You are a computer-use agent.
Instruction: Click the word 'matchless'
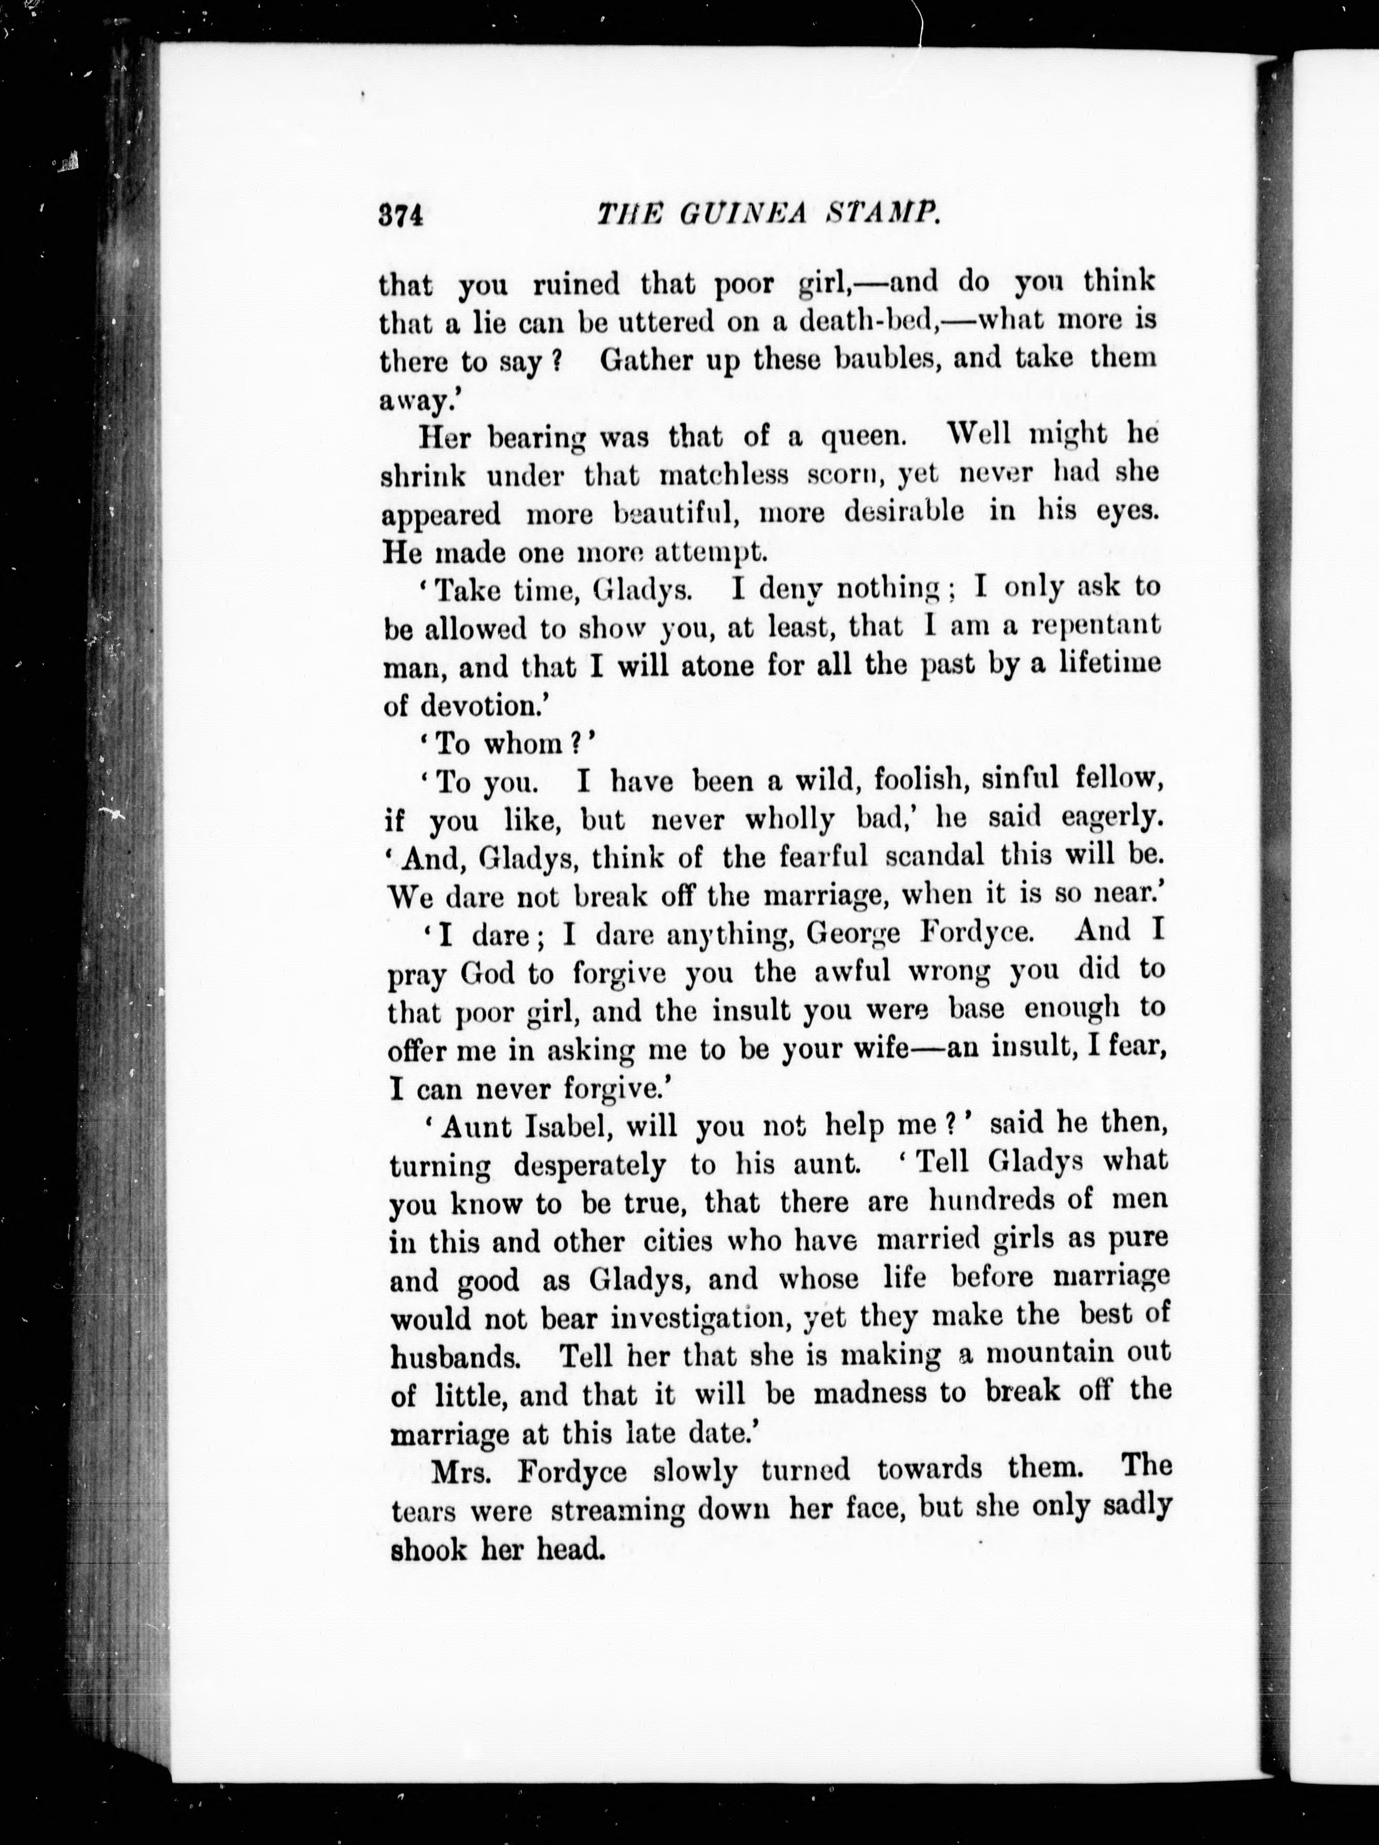point(723,475)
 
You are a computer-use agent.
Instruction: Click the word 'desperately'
point(589,1165)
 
